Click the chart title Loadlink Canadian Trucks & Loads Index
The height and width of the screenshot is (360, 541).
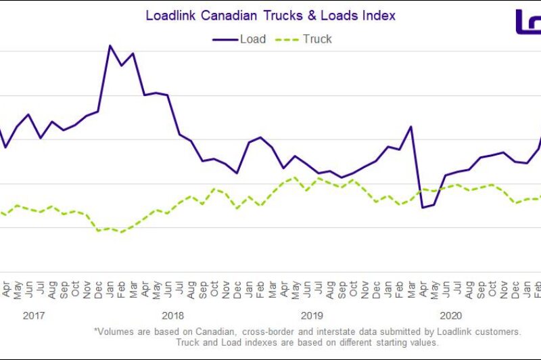[x=270, y=15]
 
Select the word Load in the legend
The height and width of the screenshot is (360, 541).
[x=253, y=39]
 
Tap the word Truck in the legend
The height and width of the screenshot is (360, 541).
[x=317, y=39]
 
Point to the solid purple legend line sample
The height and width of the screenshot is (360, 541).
[x=225, y=39]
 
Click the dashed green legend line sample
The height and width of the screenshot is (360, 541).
[x=287, y=39]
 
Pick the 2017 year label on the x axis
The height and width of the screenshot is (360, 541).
[x=34, y=315]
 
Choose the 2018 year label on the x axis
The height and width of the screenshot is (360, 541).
[x=173, y=315]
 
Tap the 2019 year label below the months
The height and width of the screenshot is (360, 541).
[x=312, y=315]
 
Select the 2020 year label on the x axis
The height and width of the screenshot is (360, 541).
[x=450, y=315]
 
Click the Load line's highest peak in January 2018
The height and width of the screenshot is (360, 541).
[x=110, y=45]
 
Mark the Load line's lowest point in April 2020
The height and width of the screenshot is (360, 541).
[x=423, y=207]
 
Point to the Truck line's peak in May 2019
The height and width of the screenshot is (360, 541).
[x=295, y=177]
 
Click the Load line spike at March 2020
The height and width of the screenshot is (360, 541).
[x=411, y=127]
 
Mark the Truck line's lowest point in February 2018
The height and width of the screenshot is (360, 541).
[x=122, y=232]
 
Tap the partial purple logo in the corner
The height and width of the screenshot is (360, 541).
[x=527, y=22]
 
